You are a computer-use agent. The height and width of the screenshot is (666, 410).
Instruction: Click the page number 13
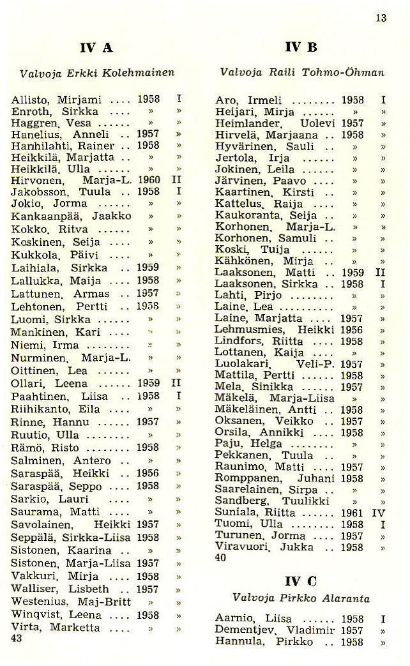pyautogui.click(x=381, y=18)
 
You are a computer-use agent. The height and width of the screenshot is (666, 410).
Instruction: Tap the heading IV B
pyautogui.click(x=302, y=47)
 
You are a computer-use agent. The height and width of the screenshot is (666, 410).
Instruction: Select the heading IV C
pyautogui.click(x=301, y=581)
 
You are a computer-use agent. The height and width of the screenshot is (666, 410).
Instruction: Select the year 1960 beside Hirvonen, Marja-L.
pyautogui.click(x=148, y=180)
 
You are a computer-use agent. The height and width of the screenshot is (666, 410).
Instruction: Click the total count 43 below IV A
pyautogui.click(x=17, y=638)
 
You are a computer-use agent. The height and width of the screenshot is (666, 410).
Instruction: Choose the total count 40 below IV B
pyautogui.click(x=220, y=557)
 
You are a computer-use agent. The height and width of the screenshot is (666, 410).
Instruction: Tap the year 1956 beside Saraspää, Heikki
pyautogui.click(x=148, y=473)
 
